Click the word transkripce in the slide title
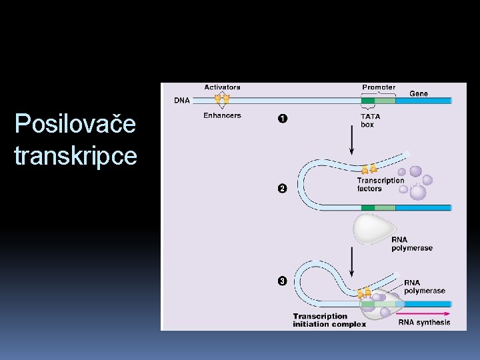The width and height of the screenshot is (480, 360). coord(75,157)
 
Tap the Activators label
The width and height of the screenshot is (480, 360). coord(222,87)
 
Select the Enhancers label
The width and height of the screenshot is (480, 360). coord(222,116)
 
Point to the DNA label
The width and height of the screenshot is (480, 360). coord(181,101)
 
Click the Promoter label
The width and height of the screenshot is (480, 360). coord(378,87)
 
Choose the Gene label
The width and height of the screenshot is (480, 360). coord(419,93)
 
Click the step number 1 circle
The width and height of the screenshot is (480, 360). coord(282,119)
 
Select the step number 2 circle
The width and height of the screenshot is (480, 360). coord(282,189)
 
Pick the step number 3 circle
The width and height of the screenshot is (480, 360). coord(282,281)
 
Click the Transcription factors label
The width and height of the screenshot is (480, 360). coord(380,185)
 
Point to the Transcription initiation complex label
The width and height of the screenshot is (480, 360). coord(329,320)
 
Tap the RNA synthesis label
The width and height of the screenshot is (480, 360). coord(424,323)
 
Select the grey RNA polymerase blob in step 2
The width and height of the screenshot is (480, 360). coord(375,229)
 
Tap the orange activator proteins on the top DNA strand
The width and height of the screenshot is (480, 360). coord(221,99)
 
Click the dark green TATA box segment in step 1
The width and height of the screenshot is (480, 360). coord(368,101)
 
